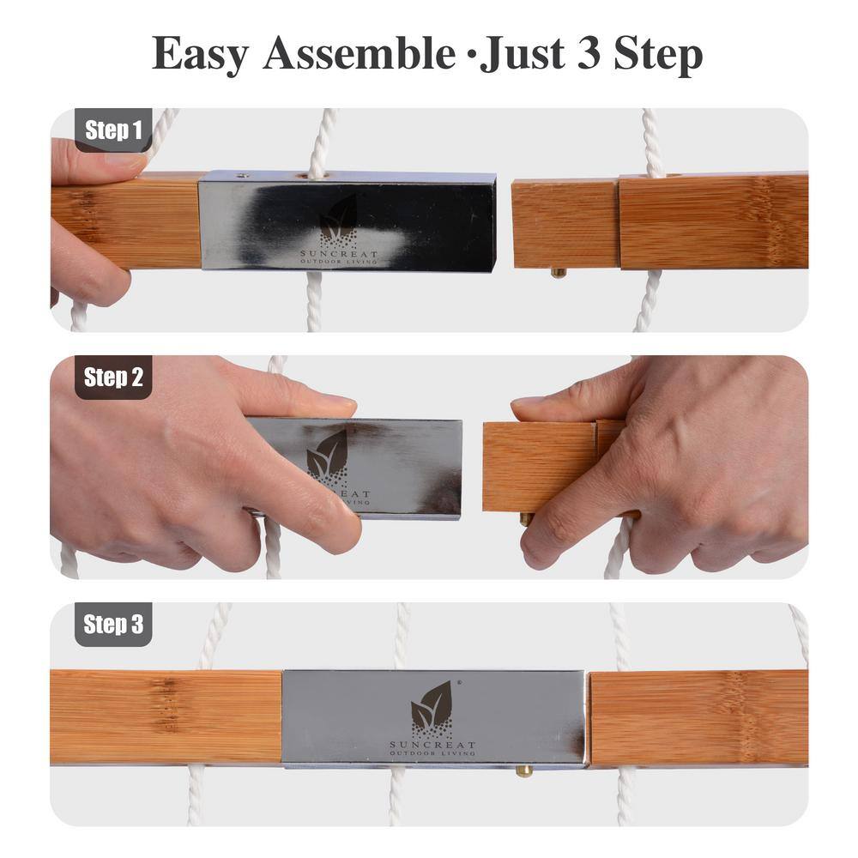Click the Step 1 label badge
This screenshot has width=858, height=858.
[x=113, y=130]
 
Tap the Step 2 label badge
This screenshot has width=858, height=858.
[x=113, y=377]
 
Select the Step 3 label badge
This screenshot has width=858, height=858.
[x=113, y=625]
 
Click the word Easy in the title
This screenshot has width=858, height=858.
[x=200, y=54]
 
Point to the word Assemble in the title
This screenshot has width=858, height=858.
[x=360, y=52]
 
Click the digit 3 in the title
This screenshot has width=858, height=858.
[x=589, y=53]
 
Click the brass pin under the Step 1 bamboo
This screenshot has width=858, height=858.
[x=559, y=273]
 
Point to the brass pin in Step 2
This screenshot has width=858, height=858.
[x=525, y=518]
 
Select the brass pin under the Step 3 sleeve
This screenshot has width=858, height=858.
[x=523, y=771]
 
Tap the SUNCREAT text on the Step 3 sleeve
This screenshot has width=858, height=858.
[x=432, y=745]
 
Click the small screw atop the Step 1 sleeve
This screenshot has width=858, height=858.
[x=241, y=176]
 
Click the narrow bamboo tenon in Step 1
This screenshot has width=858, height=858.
[x=565, y=224]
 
